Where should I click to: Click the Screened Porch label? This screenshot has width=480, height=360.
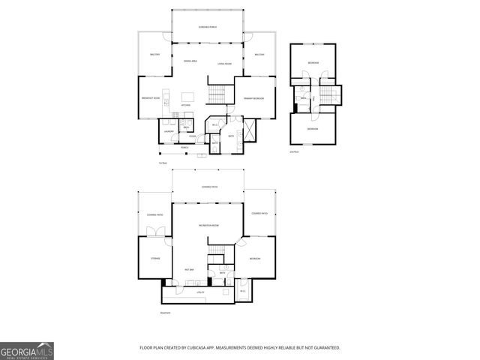coord(208,27)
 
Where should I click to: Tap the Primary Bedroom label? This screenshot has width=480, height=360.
coord(253,98)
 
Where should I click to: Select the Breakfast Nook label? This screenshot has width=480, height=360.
coord(151,98)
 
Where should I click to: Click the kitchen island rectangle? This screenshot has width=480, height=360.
coord(188,96)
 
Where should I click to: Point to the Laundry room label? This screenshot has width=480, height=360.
coord(169,132)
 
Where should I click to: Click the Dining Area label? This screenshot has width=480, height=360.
coord(190,60)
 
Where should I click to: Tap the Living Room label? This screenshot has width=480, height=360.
coord(224,64)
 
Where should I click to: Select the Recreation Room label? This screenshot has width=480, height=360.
coord(208,225)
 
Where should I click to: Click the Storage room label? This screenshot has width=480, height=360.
coord(155,258)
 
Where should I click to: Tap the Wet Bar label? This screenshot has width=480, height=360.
coord(190,269)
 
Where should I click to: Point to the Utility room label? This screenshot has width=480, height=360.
coord(200,292)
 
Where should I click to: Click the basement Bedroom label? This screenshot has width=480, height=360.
coord(255,259)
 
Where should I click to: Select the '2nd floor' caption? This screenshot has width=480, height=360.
coord(294,151)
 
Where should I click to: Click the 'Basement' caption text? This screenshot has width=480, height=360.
coord(165,313)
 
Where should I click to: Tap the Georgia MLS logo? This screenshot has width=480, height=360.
coord(26,350)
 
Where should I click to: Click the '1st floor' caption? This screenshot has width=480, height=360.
coord(162,163)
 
